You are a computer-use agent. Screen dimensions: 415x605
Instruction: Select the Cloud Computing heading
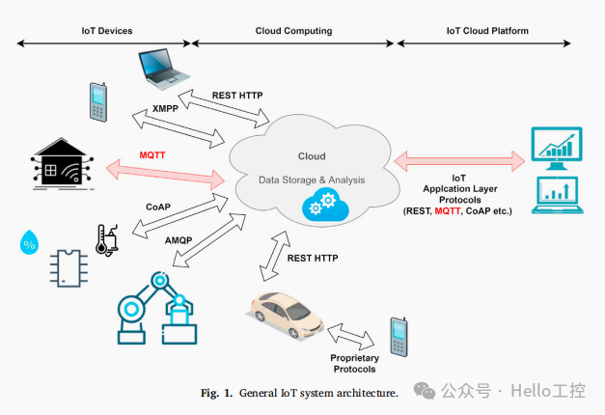click(293, 31)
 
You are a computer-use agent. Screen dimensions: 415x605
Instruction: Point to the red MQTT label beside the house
click(153, 154)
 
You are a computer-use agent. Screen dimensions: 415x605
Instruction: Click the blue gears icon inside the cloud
click(319, 204)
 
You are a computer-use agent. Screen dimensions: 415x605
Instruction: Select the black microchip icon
click(68, 266)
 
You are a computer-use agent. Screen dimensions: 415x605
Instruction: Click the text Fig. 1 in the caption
click(216, 393)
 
